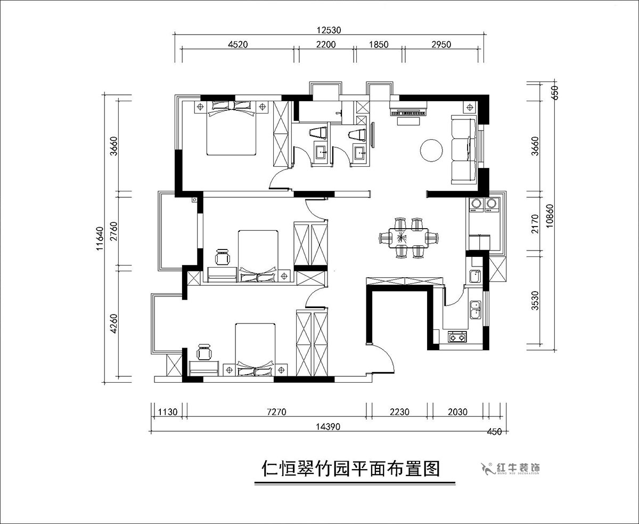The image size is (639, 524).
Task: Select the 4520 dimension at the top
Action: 238,45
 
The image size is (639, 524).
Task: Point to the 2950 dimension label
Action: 437,45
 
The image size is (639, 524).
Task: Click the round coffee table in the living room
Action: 431,150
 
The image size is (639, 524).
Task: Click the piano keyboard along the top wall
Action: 409,112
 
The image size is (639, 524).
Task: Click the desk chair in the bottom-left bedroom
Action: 204,352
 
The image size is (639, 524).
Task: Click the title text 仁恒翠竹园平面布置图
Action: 351,469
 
